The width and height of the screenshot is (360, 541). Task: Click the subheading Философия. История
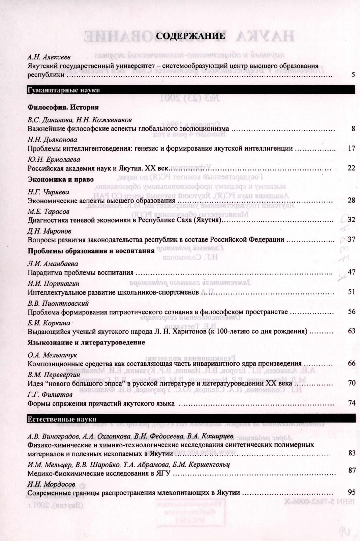coord(63,108)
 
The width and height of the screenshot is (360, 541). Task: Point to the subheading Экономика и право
coord(60,179)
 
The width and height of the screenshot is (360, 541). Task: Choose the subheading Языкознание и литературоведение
coord(86,342)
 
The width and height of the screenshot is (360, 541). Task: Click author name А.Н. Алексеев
coord(49,57)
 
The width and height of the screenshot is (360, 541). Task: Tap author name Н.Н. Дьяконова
coord(52,140)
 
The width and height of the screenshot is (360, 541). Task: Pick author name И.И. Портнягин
coord(54,283)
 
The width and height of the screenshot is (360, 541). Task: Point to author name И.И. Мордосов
coord(51,485)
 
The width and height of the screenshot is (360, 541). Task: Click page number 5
coord(353,75)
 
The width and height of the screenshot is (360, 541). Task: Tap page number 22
coord(351,168)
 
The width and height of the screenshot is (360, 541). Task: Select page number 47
coord(351,272)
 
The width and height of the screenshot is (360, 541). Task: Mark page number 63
coord(351,331)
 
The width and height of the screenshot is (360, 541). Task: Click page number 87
coord(352,470)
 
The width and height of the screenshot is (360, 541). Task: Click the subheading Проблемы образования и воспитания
coord(91,251)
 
